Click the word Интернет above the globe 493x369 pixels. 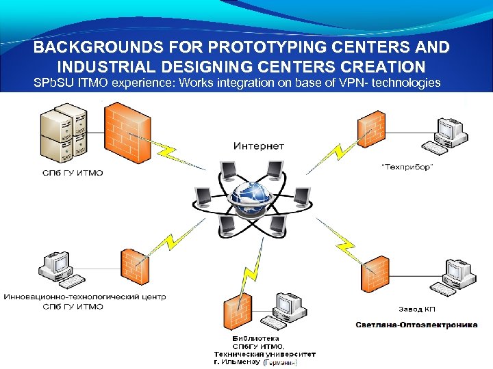[x=259, y=146]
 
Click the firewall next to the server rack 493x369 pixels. [x=127, y=132]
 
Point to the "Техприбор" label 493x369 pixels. [x=407, y=166]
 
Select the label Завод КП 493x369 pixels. [x=417, y=310]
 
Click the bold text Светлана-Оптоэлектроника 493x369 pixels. [x=416, y=325]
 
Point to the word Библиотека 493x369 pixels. [x=256, y=338]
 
